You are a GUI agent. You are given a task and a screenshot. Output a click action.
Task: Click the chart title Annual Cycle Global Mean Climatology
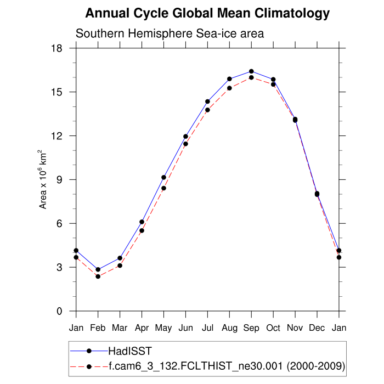(x=208, y=13)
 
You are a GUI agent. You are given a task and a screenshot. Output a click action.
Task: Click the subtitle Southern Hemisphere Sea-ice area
(x=170, y=33)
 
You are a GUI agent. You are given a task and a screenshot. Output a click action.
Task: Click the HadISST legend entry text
(x=130, y=351)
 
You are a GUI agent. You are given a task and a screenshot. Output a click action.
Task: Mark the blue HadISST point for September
(x=251, y=71)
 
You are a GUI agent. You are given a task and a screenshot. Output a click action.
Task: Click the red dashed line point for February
(x=98, y=276)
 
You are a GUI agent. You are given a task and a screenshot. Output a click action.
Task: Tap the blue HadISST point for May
(x=163, y=177)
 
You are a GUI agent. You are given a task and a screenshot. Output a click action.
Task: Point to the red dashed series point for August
(x=229, y=88)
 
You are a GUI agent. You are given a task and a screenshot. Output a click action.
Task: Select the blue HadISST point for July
(x=207, y=101)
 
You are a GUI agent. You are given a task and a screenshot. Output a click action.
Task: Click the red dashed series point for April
(x=142, y=230)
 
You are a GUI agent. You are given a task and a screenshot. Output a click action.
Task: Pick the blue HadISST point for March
(x=120, y=258)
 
